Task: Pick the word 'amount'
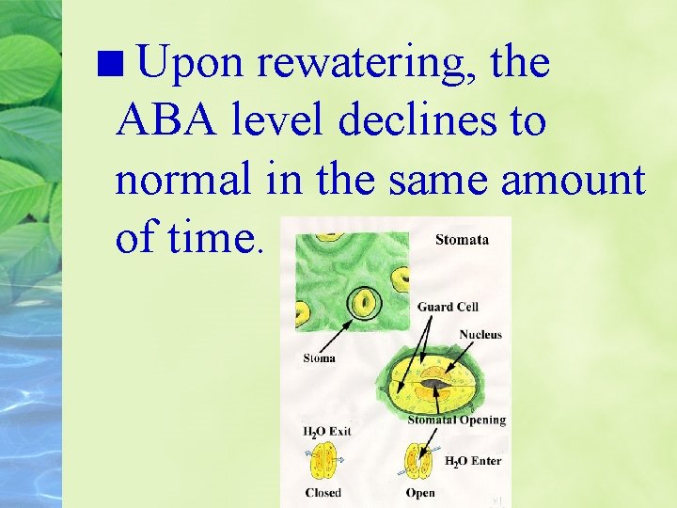[574, 179]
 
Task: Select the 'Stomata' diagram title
[462, 240]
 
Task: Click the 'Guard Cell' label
[448, 307]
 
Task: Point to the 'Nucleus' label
[480, 335]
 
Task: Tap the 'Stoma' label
[320, 357]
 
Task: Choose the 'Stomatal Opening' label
[457, 420]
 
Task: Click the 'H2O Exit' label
[327, 432]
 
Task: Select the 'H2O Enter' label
[472, 461]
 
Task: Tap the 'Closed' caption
[323, 493]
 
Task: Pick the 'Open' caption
[420, 493]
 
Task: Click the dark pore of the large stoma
[433, 384]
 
